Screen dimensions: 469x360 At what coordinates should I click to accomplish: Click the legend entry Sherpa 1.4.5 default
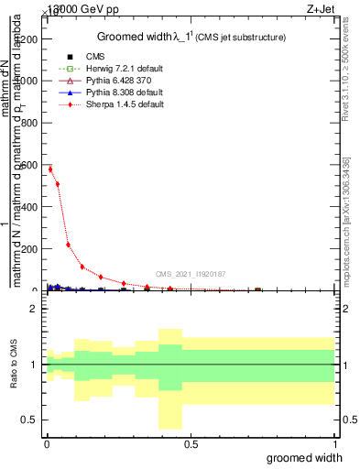click(137, 104)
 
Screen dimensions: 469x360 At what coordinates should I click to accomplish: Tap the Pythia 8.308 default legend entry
click(137, 93)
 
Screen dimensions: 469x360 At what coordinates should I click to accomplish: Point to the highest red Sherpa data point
click(50, 169)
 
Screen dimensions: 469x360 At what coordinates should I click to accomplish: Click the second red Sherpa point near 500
click(58, 184)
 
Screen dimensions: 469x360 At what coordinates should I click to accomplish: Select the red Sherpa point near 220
click(69, 245)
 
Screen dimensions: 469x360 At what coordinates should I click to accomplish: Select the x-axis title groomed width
click(304, 457)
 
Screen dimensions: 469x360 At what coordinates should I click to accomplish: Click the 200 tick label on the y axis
click(31, 249)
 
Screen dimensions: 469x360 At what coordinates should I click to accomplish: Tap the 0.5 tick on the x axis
click(191, 443)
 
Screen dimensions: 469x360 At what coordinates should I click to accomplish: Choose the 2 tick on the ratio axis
click(36, 309)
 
